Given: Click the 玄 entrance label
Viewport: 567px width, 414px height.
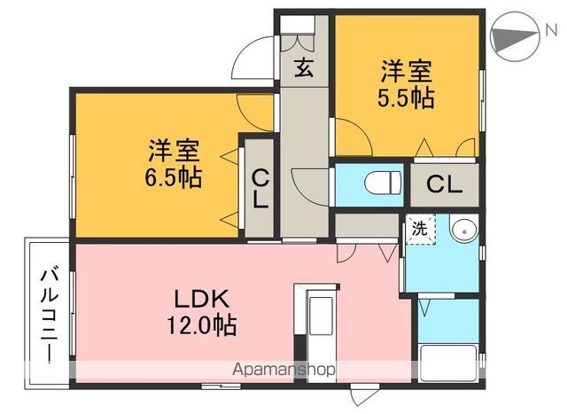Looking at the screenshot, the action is pyautogui.click(x=304, y=68).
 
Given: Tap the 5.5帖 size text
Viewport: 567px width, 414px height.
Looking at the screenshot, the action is pyautogui.click(x=406, y=98).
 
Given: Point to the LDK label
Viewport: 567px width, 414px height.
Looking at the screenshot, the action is pyautogui.click(x=202, y=299).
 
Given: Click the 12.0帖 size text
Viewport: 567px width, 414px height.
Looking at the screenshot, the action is pyautogui.click(x=202, y=325).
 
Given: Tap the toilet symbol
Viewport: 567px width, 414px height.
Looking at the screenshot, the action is pyautogui.click(x=383, y=184).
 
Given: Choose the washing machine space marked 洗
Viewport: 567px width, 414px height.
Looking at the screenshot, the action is pyautogui.click(x=420, y=230).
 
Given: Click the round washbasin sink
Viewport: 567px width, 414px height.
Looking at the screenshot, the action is pyautogui.click(x=464, y=230).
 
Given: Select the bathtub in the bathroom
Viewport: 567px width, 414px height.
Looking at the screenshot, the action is pyautogui.click(x=449, y=363).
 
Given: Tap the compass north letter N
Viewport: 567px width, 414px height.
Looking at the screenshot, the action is pyautogui.click(x=551, y=30).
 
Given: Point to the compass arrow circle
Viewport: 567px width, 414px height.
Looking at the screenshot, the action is pyautogui.click(x=515, y=37).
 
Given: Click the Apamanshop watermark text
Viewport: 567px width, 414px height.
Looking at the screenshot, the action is pyautogui.click(x=283, y=370).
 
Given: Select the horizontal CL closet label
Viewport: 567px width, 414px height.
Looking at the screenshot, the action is pyautogui.click(x=444, y=184).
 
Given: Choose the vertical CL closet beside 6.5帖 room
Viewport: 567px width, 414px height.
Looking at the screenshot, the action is pyautogui.click(x=260, y=189).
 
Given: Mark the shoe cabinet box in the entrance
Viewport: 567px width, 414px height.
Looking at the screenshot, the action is pyautogui.click(x=298, y=25).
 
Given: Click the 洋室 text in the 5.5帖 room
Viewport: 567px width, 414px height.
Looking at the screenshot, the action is pyautogui.click(x=406, y=72).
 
